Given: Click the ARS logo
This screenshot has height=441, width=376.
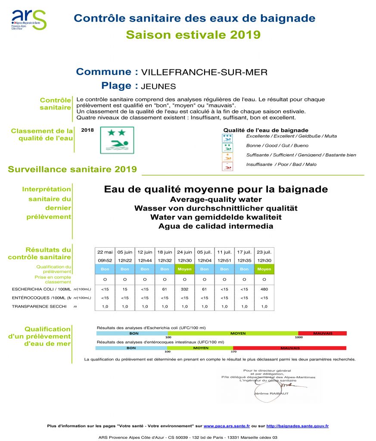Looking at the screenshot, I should tap(28, 20).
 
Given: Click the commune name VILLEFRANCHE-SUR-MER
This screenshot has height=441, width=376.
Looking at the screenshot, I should tap(204, 72).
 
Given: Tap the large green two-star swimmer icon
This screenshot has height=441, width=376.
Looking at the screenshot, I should tap(117, 140).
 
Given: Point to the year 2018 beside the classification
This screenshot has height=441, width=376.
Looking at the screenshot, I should tap(87, 130).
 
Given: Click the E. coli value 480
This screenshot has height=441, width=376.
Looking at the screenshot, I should tap(264, 289).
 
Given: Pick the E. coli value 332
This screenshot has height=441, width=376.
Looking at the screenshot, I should tap(184, 289).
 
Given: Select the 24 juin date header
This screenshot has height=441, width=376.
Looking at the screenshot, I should tap(184, 252).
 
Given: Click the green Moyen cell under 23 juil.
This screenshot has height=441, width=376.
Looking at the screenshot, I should tap(264, 269).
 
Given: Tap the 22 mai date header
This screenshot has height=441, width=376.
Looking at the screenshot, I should tap(105, 252).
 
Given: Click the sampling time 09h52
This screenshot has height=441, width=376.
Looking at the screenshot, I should tap(105, 260).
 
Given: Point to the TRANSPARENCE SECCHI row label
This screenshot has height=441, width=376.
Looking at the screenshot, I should tap(39, 306).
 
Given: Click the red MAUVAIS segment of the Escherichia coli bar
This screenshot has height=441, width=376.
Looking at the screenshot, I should tap(322, 333).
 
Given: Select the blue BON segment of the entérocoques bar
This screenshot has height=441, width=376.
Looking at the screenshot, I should tap(131, 348).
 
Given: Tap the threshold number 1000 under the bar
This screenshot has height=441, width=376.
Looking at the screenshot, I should tap(298, 338).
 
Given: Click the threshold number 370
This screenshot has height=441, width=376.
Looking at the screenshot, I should tap(233, 352).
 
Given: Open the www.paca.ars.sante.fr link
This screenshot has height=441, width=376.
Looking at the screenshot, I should tap(227, 426).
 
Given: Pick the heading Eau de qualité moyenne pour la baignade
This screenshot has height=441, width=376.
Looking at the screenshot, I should tap(216, 189).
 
